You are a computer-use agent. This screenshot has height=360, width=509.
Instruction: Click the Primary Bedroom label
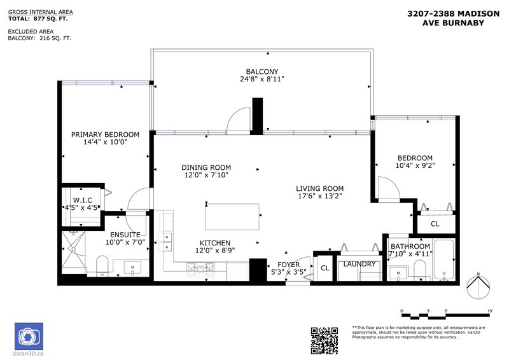click(105, 134)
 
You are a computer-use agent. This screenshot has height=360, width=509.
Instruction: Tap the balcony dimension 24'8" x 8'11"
click(262, 79)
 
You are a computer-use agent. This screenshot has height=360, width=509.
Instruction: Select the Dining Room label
click(206, 167)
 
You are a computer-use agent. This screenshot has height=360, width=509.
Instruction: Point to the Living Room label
click(320, 188)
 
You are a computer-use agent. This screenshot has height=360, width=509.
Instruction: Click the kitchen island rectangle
click(232, 217)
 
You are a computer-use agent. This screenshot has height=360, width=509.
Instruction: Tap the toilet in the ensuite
click(102, 266)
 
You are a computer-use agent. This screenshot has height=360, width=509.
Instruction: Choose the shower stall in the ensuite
click(74, 253)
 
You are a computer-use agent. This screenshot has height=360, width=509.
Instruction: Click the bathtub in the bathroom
click(444, 260)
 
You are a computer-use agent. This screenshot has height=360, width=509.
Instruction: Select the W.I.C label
click(83, 200)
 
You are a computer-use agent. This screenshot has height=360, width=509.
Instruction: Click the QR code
click(324, 340)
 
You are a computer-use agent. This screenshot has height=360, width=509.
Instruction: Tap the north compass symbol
click(478, 286)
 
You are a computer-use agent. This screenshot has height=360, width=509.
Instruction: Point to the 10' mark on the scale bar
click(490, 311)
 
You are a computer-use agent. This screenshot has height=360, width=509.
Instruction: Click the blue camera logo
click(29, 336)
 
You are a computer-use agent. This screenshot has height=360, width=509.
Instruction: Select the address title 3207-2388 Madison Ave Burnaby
click(454, 18)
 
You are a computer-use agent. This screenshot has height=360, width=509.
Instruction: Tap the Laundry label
click(359, 264)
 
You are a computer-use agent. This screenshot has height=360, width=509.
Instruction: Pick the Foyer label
click(289, 265)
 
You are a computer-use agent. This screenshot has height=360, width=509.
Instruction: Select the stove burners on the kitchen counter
click(200, 267)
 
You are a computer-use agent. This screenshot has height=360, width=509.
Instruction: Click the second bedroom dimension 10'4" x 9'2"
click(415, 165)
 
